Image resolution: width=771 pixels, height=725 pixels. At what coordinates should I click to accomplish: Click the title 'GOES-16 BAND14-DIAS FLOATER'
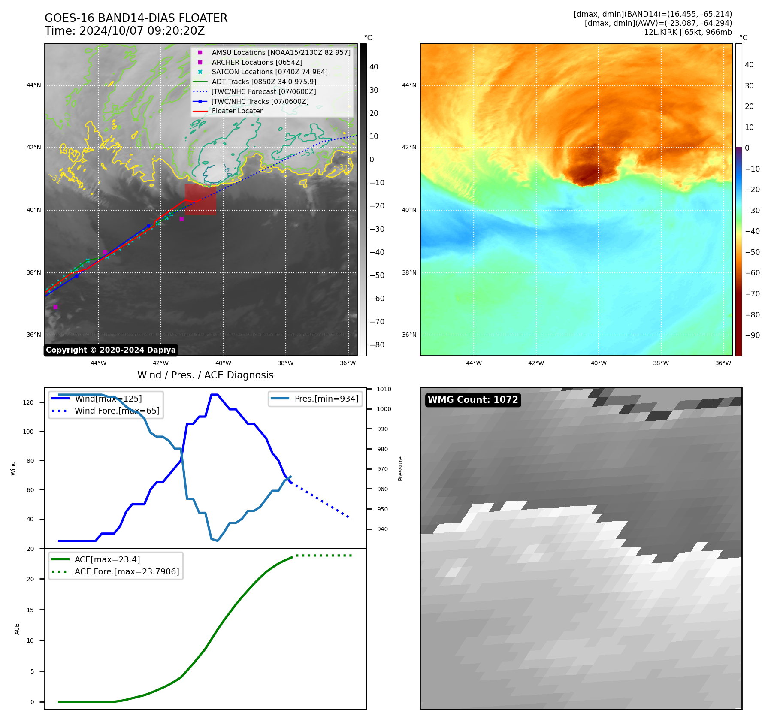click(136, 18)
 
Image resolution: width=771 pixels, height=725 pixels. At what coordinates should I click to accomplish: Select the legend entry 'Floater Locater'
click(237, 111)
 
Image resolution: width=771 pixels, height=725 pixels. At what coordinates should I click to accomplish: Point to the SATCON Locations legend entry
click(269, 72)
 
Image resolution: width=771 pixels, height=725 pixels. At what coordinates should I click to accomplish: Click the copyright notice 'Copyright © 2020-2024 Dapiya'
click(111, 350)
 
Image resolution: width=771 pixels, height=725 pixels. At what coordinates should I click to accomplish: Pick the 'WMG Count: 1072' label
click(473, 400)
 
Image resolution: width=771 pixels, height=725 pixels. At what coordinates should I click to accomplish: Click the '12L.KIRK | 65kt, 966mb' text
click(688, 32)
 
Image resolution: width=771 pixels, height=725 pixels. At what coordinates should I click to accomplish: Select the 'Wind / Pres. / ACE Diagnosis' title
click(205, 375)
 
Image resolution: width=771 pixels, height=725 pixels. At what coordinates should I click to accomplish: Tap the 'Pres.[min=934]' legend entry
click(327, 399)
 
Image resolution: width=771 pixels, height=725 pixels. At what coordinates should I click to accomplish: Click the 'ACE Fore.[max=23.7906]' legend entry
click(127, 571)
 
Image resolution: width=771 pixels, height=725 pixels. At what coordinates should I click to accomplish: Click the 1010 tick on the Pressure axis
click(384, 390)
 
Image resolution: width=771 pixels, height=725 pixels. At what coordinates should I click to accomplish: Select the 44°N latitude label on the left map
click(34, 85)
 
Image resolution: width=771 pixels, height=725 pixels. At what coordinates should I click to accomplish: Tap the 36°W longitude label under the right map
click(723, 363)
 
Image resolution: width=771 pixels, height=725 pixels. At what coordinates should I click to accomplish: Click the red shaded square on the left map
click(200, 199)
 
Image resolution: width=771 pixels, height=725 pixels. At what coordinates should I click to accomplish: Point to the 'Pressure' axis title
click(400, 468)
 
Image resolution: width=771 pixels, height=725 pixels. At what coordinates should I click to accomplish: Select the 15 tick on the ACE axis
click(30, 610)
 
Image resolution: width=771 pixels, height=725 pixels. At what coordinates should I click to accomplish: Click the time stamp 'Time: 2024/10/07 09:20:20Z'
click(124, 31)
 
